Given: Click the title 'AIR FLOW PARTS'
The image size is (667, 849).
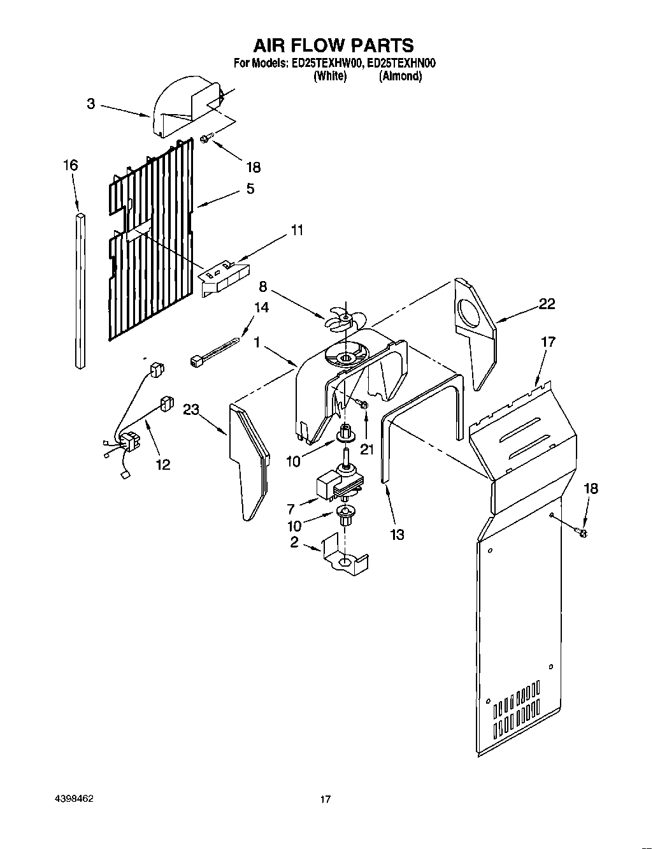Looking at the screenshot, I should (334, 45).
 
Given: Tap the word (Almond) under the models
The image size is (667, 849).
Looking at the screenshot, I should (400, 76).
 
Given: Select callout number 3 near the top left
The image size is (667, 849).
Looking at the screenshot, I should (91, 103).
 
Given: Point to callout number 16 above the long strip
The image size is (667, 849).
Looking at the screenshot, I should (70, 166).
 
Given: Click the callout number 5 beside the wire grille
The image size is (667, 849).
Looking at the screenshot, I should (250, 189).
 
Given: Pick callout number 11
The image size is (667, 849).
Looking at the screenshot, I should (297, 230).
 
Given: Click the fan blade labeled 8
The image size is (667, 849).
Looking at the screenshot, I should (341, 319).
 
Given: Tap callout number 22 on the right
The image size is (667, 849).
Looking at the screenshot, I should (546, 304).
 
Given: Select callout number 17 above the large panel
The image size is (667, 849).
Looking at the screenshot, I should (548, 342).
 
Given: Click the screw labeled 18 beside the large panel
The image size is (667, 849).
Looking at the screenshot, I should (581, 531).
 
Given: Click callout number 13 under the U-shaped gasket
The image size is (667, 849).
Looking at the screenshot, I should (396, 534).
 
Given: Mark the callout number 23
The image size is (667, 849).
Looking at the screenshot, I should (192, 410).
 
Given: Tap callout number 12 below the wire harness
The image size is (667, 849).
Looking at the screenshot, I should (163, 464).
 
